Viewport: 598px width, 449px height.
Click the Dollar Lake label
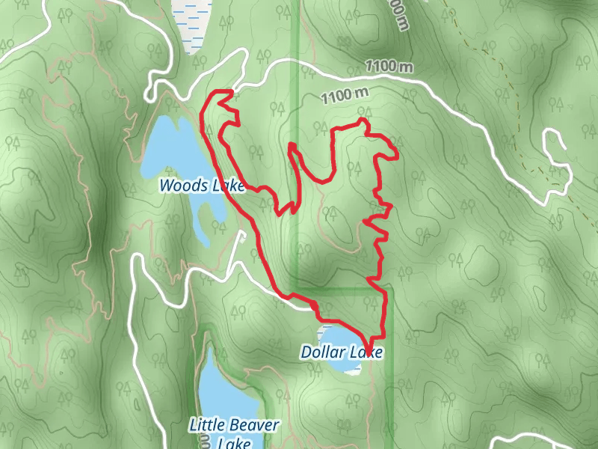[342, 352]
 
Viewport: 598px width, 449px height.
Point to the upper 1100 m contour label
[389, 67]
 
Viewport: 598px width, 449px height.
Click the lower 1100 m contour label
[346, 95]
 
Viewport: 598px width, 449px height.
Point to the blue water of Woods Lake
[168, 150]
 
